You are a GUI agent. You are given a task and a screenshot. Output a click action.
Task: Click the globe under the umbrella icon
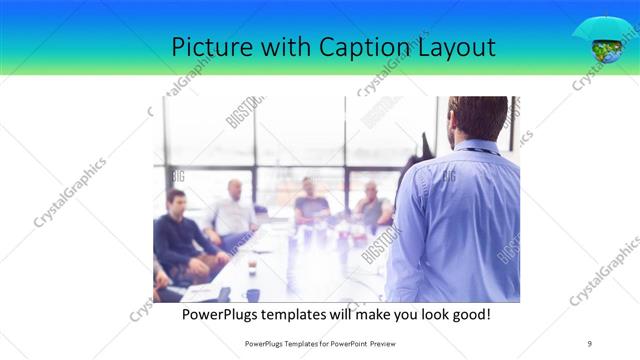605,48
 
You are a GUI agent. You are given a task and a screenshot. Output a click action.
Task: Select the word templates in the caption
305,314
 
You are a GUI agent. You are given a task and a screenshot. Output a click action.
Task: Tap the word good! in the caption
469,314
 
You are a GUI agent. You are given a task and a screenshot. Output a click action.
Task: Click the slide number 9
589,343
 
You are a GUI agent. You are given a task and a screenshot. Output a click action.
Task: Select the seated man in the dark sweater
178,235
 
